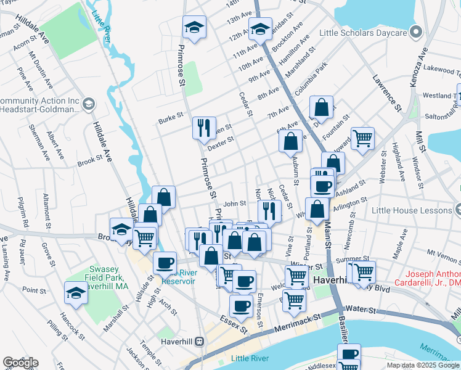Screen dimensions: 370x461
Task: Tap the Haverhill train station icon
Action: point(199,341)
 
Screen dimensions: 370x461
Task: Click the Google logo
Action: point(20,363)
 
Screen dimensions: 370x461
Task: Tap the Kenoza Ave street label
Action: point(422,62)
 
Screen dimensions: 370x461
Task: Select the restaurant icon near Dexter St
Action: point(204,128)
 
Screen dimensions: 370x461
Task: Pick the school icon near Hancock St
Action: point(76,292)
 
